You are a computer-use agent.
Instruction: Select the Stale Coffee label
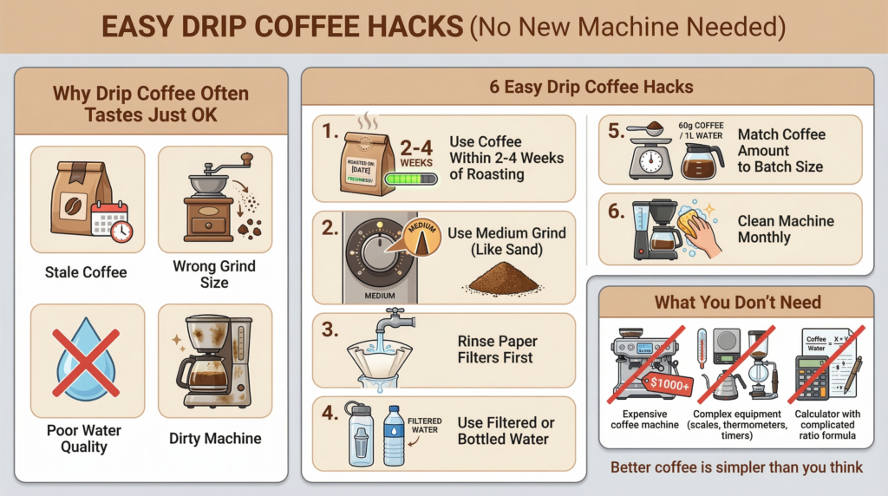pyautogui.click(x=86, y=272)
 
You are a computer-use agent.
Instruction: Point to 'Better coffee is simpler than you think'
pyautogui.click(x=736, y=467)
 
